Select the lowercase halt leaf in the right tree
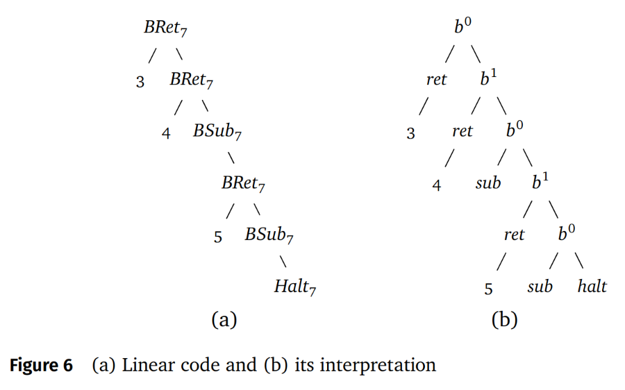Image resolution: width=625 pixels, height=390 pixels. [592, 287]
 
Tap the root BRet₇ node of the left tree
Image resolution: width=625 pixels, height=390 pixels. [165, 28]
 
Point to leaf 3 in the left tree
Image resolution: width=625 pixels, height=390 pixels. [140, 82]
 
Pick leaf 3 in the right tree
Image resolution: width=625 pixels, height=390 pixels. [410, 133]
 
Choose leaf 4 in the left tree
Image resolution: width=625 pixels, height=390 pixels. [166, 133]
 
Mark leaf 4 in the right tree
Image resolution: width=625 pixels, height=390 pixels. [437, 185]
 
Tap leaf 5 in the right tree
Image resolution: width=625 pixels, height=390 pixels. [489, 288]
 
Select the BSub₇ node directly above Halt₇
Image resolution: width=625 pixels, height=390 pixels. [269, 235]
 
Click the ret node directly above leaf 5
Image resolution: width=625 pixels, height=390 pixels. [514, 235]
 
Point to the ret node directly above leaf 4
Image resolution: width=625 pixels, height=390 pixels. [462, 131]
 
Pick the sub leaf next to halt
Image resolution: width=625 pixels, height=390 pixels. [540, 287]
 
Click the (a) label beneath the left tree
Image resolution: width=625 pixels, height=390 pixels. [224, 320]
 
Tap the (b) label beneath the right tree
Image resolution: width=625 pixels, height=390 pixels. [504, 320]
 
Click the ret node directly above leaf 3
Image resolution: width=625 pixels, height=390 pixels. [436, 80]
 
